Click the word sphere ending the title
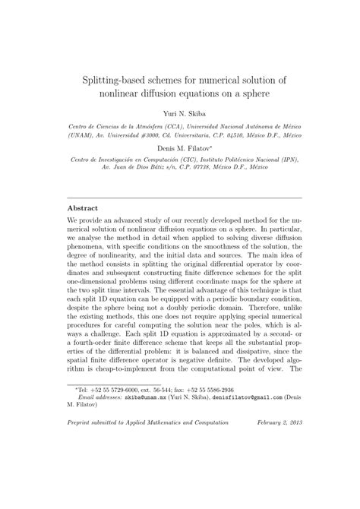(251, 97)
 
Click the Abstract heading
(84, 207)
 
